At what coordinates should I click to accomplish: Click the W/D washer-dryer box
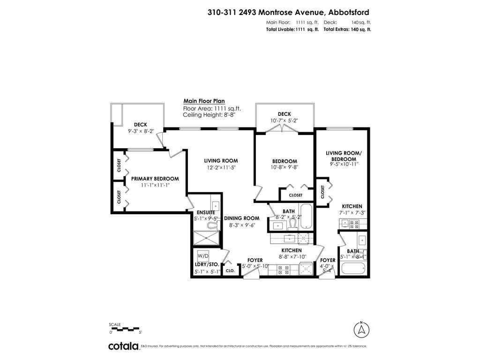click(x=203, y=256)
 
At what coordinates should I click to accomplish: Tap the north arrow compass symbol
click(x=361, y=329)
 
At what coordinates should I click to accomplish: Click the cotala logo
click(x=124, y=346)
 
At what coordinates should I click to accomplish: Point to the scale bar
click(x=125, y=329)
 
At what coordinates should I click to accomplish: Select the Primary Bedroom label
click(x=155, y=179)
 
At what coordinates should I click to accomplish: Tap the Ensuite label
click(x=206, y=212)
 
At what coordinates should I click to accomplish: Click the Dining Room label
click(x=241, y=218)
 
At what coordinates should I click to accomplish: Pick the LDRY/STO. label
click(x=207, y=265)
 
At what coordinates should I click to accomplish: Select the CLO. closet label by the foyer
click(x=230, y=270)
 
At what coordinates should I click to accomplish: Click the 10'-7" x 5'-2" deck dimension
click(x=284, y=120)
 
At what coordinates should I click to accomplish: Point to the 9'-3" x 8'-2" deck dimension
click(x=141, y=131)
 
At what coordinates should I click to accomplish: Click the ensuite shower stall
click(x=207, y=239)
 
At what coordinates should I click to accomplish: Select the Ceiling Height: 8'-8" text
click(x=209, y=114)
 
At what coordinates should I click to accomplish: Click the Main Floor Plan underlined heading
click(x=204, y=101)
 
